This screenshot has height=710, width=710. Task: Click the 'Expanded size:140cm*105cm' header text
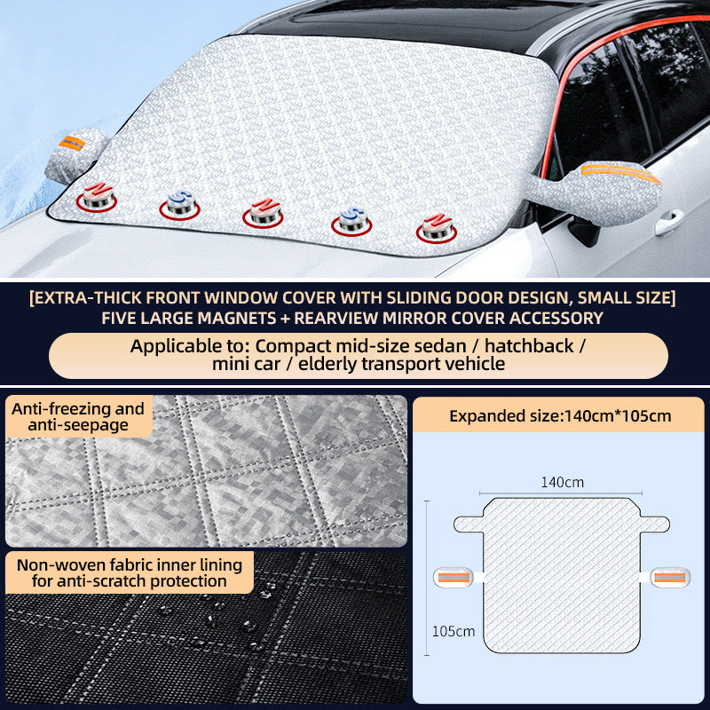click(559, 415)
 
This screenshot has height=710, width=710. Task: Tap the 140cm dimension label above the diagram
click(563, 483)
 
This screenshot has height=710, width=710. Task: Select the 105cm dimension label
click(453, 632)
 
